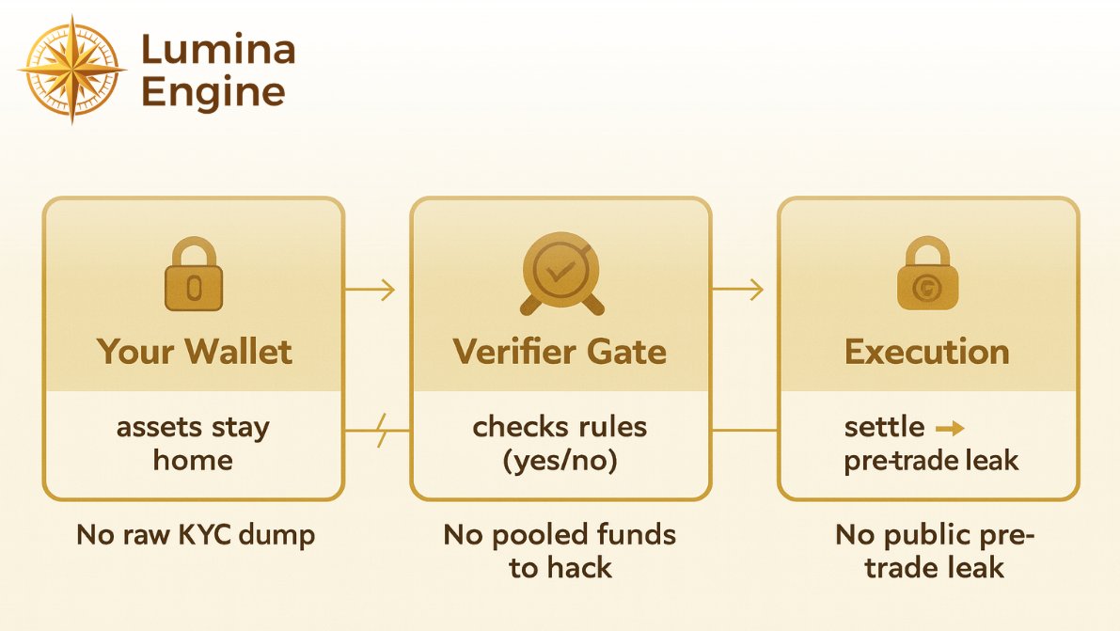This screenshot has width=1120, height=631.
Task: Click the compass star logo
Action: pos(72,69)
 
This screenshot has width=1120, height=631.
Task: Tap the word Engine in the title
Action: pos(213,92)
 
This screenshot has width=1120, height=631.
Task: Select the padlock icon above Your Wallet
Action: pos(194,275)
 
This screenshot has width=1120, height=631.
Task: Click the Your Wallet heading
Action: pos(194,352)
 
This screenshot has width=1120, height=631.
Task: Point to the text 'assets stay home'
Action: pos(193,443)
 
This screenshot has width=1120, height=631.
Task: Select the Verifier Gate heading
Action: pos(560,352)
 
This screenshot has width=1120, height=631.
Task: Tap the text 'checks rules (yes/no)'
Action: pos(560,443)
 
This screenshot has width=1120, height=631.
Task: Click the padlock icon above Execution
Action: pos(927,275)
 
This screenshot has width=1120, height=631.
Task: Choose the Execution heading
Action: pos(927,352)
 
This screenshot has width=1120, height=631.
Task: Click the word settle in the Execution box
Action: pos(884,428)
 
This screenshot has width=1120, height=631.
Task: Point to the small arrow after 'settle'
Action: pos(951,429)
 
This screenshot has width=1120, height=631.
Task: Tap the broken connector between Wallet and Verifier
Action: pos(377,432)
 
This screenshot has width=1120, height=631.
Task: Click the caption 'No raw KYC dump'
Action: pos(196,535)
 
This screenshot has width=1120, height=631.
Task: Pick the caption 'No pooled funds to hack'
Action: pos(560,550)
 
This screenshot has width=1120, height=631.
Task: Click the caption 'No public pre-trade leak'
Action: pos(935,550)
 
